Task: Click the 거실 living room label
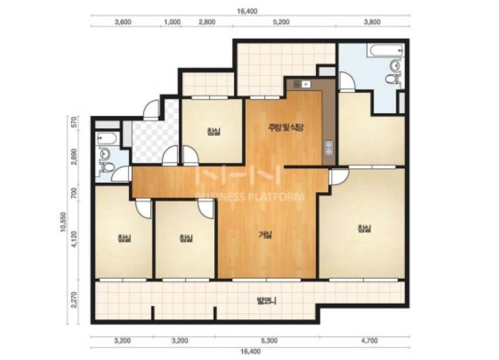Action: (x=265, y=235)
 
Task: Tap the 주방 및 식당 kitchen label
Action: (x=285, y=128)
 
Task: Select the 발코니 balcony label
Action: (x=266, y=301)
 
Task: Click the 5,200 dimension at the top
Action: (x=281, y=22)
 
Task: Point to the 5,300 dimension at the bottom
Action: (x=269, y=341)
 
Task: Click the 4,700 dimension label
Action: (x=369, y=341)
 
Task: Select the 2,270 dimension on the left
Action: (x=74, y=300)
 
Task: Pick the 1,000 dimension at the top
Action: (x=172, y=22)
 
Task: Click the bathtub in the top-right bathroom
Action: (x=385, y=51)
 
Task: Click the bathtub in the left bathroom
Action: (x=108, y=139)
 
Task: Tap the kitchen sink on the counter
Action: (x=302, y=84)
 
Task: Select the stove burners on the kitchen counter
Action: (x=329, y=148)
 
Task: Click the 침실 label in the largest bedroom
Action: (x=364, y=229)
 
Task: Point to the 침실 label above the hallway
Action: (x=214, y=131)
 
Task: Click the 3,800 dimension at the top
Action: (x=372, y=22)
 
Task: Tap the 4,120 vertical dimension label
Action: (x=74, y=239)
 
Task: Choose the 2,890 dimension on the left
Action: (x=74, y=156)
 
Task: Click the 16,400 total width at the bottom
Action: (x=251, y=352)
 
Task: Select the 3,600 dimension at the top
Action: (x=123, y=22)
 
